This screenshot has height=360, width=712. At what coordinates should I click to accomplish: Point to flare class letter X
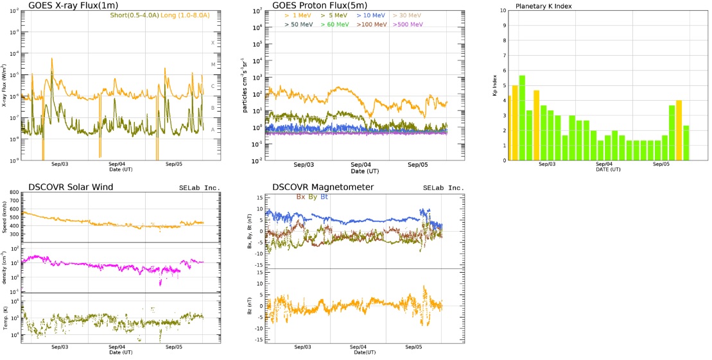[213, 43]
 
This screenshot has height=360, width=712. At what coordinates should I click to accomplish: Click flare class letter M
[213, 64]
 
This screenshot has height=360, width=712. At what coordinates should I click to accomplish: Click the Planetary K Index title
[544, 6]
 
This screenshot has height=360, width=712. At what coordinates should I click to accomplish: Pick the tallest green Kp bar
[522, 117]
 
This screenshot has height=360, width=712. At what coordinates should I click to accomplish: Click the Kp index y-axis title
[495, 85]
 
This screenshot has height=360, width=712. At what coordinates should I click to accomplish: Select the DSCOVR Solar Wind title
[71, 187]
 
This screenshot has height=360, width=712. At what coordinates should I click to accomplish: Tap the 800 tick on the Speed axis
[15, 193]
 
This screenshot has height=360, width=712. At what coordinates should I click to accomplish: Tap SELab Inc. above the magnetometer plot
[442, 187]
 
